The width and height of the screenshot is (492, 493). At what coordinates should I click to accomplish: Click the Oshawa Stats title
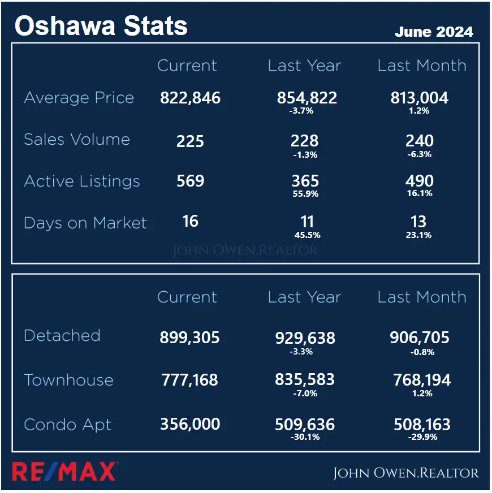101,26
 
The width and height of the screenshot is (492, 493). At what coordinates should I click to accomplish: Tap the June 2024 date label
434,32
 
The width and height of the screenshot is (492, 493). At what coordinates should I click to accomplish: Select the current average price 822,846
190,98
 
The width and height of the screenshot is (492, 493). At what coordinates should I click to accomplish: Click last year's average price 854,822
307,98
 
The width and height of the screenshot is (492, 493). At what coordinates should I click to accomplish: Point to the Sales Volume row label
77,140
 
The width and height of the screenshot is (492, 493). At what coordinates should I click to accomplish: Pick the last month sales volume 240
420,140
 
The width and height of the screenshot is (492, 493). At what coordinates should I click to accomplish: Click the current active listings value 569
190,181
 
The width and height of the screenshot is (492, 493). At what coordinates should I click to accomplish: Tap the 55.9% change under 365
306,194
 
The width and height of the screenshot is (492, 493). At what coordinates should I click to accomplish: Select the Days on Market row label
85,223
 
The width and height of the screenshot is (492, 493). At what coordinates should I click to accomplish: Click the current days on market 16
190,220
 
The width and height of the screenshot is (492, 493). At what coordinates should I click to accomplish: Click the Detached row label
62,335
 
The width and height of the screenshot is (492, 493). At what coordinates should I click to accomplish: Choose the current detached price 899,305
189,338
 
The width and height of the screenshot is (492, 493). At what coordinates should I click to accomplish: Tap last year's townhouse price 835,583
305,380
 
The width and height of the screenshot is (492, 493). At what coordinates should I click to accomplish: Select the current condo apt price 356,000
189,424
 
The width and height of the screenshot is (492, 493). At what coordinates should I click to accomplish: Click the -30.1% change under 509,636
305,437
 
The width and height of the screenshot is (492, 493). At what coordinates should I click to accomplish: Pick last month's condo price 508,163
420,424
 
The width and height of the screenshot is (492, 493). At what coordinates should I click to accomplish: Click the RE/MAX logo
64,472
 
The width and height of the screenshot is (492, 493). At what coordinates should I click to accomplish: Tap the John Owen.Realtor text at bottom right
405,473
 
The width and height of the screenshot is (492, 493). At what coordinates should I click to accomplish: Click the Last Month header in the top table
422,66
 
